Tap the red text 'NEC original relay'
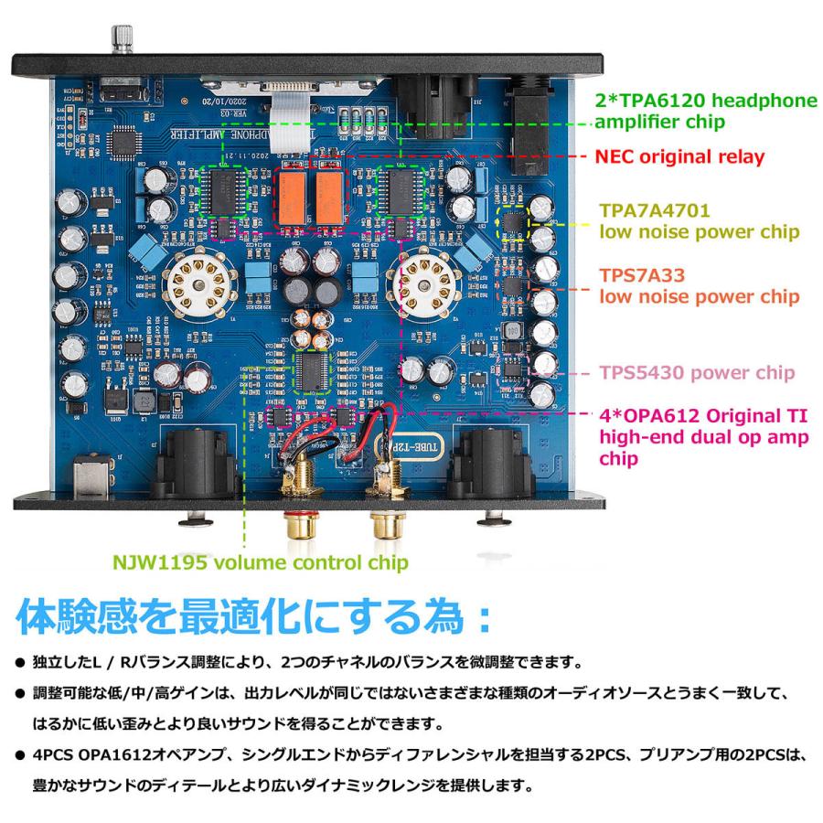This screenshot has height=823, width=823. click(679, 157)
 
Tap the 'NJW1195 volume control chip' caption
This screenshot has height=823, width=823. click(258, 562)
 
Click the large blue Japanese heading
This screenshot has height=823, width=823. click(253, 615)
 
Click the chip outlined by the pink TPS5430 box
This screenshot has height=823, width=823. click(514, 368)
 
